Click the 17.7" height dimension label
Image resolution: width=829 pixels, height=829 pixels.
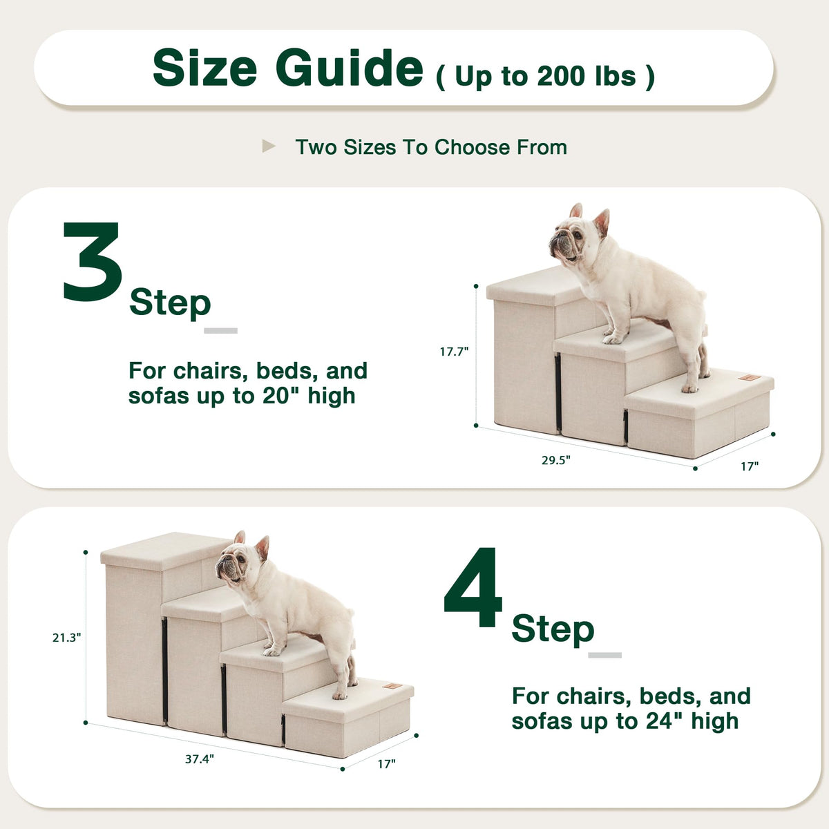click(454, 352)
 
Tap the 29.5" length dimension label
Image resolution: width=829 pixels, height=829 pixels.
click(556, 460)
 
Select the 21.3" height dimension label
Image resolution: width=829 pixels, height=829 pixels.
click(67, 638)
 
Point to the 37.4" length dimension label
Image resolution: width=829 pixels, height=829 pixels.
click(200, 759)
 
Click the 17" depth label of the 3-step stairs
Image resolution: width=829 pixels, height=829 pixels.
click(750, 466)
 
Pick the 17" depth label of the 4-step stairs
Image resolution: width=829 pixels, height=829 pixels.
click(387, 764)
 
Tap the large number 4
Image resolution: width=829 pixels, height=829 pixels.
click(473, 587)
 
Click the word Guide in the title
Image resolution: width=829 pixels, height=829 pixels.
click(350, 68)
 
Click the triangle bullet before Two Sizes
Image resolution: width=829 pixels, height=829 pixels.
click(269, 146)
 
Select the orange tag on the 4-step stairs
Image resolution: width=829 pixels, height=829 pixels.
click(392, 686)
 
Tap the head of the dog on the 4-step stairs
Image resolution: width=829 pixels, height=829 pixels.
click(241, 560)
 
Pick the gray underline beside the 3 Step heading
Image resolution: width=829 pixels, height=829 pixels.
click(220, 330)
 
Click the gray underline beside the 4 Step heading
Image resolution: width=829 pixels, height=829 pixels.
click(605, 655)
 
